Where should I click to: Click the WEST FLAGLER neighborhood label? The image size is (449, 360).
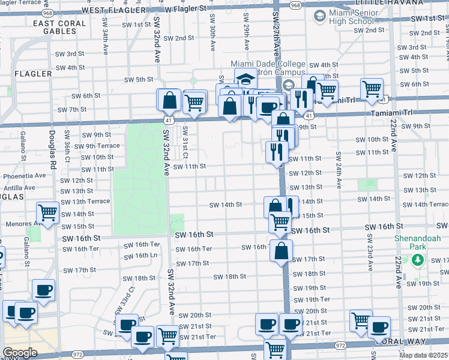click(x=113, y=10)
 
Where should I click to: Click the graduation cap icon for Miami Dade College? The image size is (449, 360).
click(x=244, y=78)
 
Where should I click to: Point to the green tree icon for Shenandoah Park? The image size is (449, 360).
click(x=417, y=261)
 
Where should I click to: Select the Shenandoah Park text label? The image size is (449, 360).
click(x=418, y=243)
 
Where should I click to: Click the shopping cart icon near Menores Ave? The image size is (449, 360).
click(x=47, y=212)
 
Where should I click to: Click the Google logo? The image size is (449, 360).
click(x=20, y=353)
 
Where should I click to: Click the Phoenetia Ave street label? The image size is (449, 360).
click(x=25, y=176)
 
